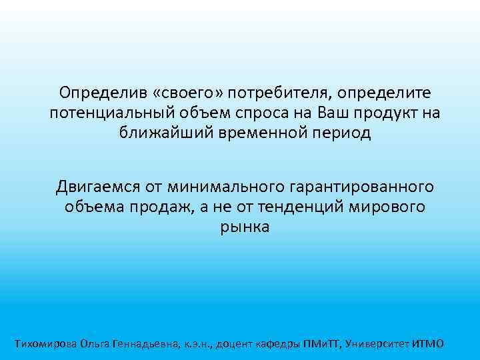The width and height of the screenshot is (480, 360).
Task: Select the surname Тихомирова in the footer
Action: [45, 344]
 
